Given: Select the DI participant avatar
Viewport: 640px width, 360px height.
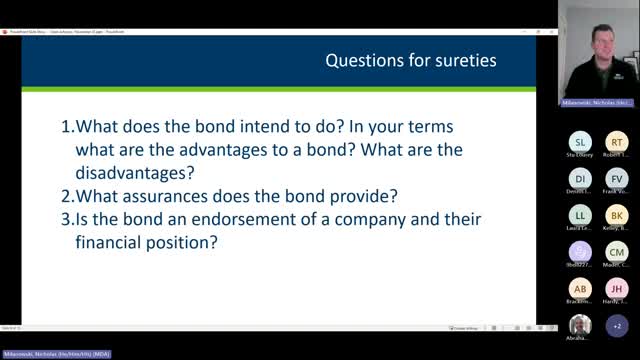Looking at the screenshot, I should (x=580, y=178).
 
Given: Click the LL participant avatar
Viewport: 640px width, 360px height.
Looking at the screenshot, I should (x=580, y=215).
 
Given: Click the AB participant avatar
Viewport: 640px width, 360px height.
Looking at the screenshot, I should (x=580, y=288).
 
